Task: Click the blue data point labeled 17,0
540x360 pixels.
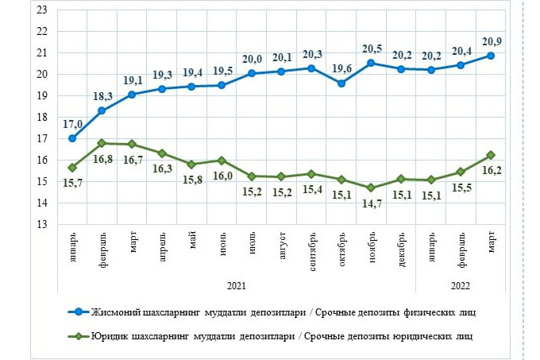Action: tap(72, 138)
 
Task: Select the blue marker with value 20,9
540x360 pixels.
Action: tap(492, 56)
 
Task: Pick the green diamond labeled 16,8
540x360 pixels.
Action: tap(102, 143)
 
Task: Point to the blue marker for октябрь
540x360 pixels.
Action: tap(341, 83)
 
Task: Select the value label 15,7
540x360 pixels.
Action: tap(72, 183)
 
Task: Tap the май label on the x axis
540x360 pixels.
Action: tap(192, 241)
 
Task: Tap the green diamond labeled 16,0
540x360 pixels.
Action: tap(222, 160)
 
